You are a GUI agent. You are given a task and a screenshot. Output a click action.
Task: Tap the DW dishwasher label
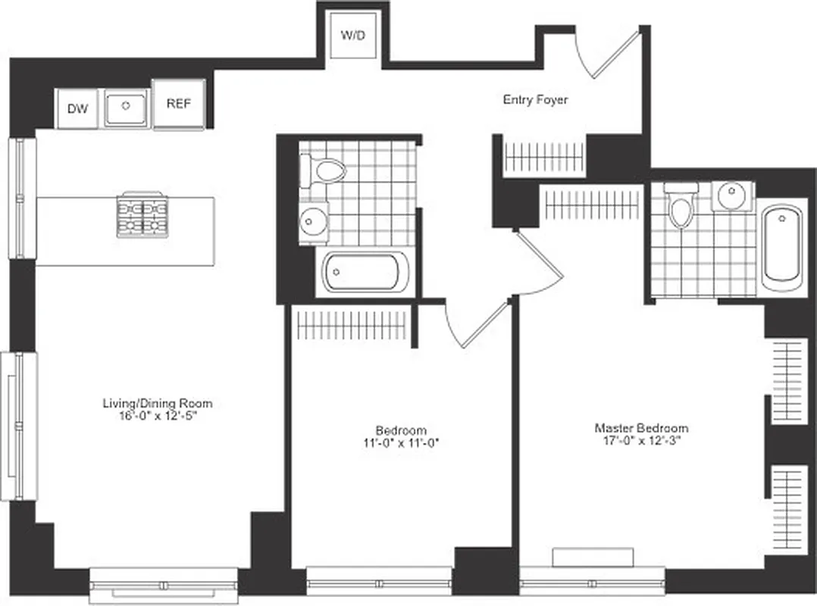pos(77,109)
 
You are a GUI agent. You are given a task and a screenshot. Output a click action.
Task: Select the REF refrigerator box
pos(179,104)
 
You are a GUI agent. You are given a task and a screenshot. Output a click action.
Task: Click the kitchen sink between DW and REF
pos(125,108)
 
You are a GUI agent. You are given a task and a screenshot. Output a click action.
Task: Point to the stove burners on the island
pos(142,217)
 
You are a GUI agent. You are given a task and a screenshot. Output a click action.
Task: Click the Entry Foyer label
pos(535,99)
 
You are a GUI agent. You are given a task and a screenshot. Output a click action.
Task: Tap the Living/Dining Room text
pos(157,403)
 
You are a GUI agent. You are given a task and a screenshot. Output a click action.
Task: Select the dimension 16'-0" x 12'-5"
pos(157,416)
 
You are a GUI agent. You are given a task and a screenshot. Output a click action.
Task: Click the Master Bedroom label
pos(641,428)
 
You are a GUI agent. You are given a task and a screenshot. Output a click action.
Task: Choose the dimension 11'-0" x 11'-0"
pos(401,443)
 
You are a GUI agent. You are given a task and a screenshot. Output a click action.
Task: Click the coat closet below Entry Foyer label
pos(544,158)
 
